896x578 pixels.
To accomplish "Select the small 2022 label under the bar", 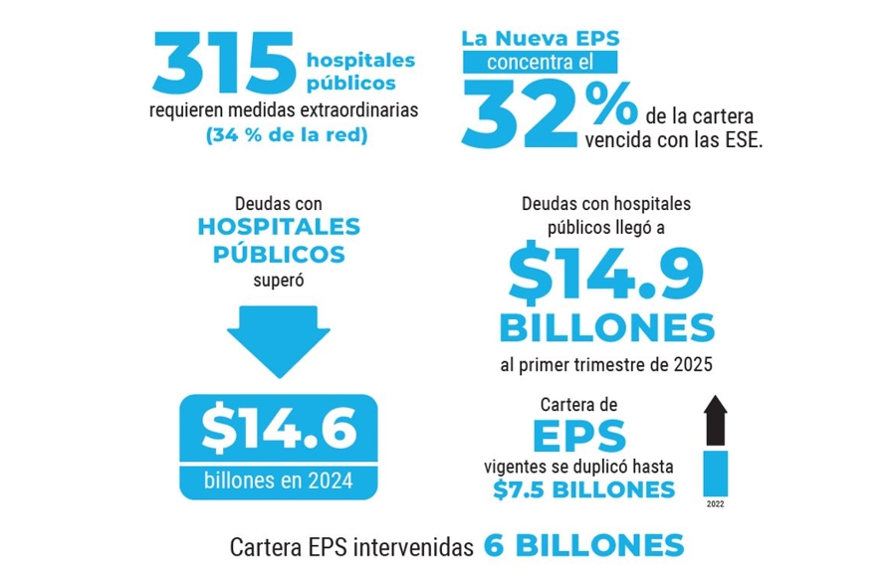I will point(716,504).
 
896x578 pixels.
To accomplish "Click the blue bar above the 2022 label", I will point(716,472).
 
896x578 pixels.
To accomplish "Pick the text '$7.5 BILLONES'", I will point(583,489).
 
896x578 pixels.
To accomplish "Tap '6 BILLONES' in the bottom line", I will point(584,546).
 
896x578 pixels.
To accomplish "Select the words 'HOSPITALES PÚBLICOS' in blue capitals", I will point(279,240).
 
